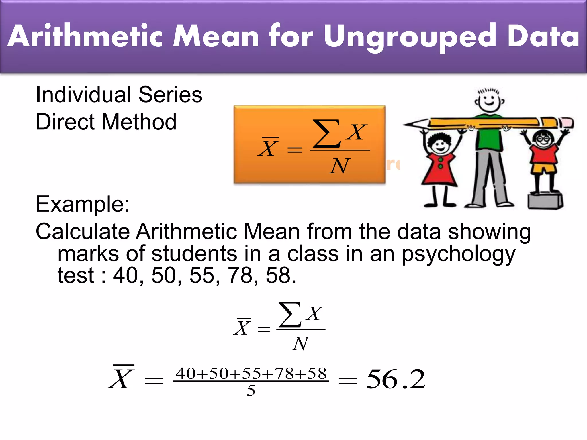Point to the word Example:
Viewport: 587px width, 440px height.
click(x=83, y=204)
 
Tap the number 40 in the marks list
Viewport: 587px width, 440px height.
click(x=126, y=276)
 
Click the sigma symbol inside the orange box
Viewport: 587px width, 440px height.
click(x=326, y=133)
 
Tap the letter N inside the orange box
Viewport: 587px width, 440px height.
click(x=339, y=166)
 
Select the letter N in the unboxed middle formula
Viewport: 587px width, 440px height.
click(x=301, y=344)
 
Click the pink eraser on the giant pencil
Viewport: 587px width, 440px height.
click(x=566, y=122)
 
